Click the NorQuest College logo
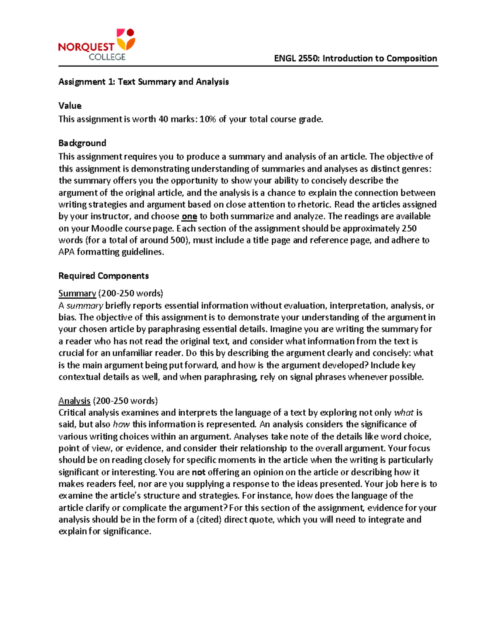[97, 45]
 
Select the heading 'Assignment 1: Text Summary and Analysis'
[143, 82]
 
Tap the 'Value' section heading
[70, 106]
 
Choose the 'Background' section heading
[82, 143]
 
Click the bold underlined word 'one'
[189, 217]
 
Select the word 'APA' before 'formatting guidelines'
[66, 252]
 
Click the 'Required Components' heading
[104, 276]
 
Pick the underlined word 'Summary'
[77, 294]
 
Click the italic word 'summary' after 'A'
[84, 306]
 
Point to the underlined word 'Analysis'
[74, 401]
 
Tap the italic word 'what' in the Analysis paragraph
[404, 413]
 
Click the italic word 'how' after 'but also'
[121, 424]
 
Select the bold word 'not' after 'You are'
[199, 472]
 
